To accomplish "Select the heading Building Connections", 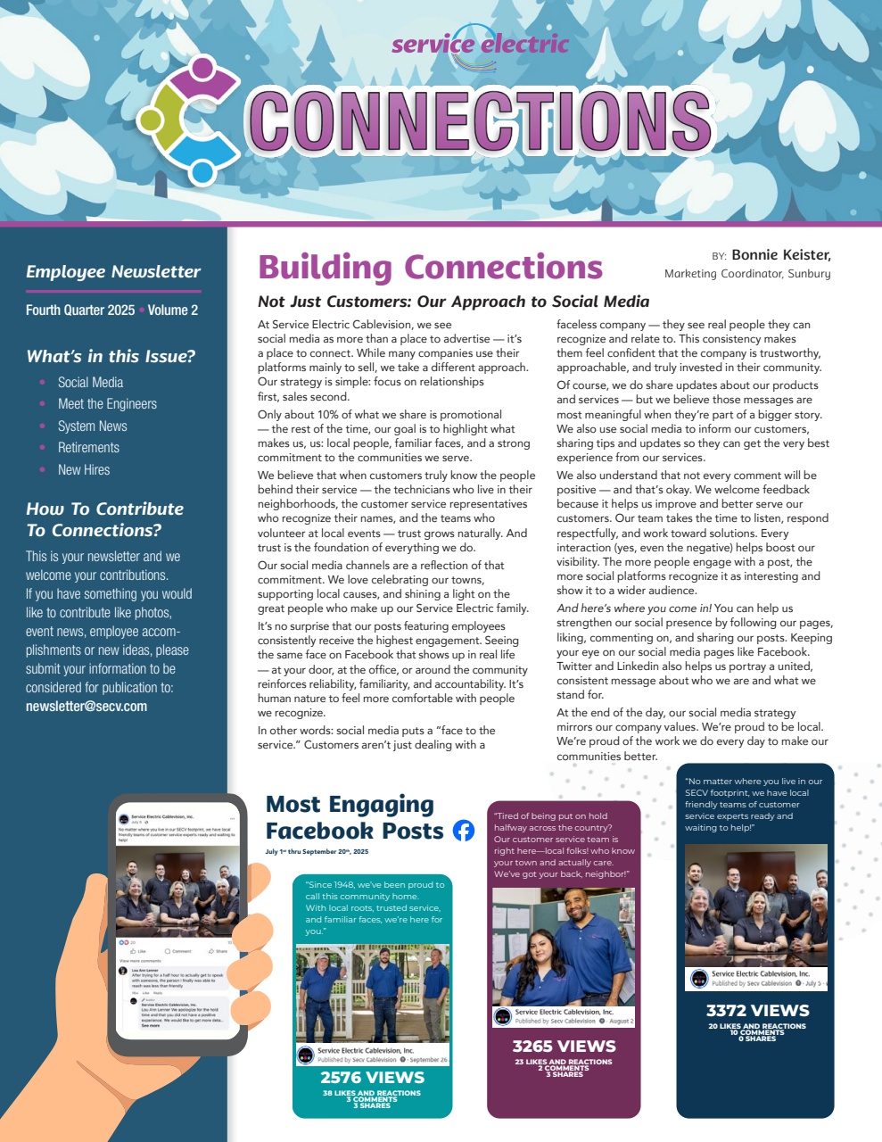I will (x=430, y=267).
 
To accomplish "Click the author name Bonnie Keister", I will (x=780, y=255).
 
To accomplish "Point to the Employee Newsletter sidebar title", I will (x=113, y=272).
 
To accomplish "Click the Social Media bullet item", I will (x=90, y=382).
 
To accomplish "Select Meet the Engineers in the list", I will (x=107, y=404).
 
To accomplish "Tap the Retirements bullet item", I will (x=88, y=448).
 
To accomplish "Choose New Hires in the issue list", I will (x=84, y=469).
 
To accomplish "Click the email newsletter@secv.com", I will (x=87, y=707).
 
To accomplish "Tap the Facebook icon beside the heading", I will (x=464, y=831).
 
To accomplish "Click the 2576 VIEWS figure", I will (x=372, y=1078).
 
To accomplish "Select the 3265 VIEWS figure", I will (x=564, y=1046).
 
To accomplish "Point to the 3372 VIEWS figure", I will (x=757, y=1011).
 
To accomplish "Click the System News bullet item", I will (x=92, y=426).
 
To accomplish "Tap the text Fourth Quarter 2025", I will (x=80, y=310).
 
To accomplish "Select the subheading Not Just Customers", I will (x=453, y=302).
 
